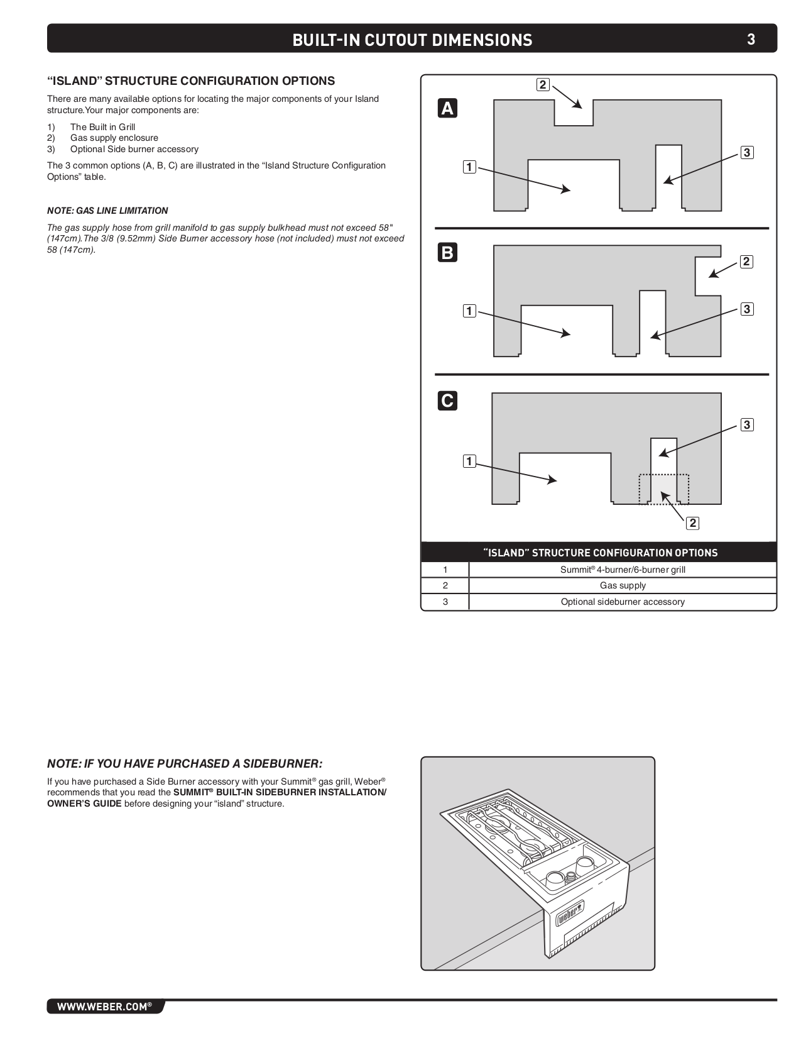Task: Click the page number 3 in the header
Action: (x=751, y=40)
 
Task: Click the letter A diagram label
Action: (x=447, y=109)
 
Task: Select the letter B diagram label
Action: (x=447, y=253)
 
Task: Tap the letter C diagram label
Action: (x=447, y=400)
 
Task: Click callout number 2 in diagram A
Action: (x=543, y=84)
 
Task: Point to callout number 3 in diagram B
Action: (x=746, y=309)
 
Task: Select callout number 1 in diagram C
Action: (x=469, y=461)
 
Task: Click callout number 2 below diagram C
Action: (x=692, y=522)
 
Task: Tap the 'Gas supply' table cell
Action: (x=623, y=585)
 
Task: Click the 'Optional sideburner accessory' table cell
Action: (x=623, y=602)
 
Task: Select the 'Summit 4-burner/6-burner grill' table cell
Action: (x=623, y=570)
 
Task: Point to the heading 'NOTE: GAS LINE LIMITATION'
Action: (x=107, y=211)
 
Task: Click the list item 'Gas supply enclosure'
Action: (x=114, y=138)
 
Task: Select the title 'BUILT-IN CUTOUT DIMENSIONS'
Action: (x=412, y=40)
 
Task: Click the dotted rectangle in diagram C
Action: (x=664, y=489)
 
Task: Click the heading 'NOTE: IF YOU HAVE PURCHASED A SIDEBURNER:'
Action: (x=185, y=763)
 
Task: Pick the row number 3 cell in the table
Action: (x=445, y=602)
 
